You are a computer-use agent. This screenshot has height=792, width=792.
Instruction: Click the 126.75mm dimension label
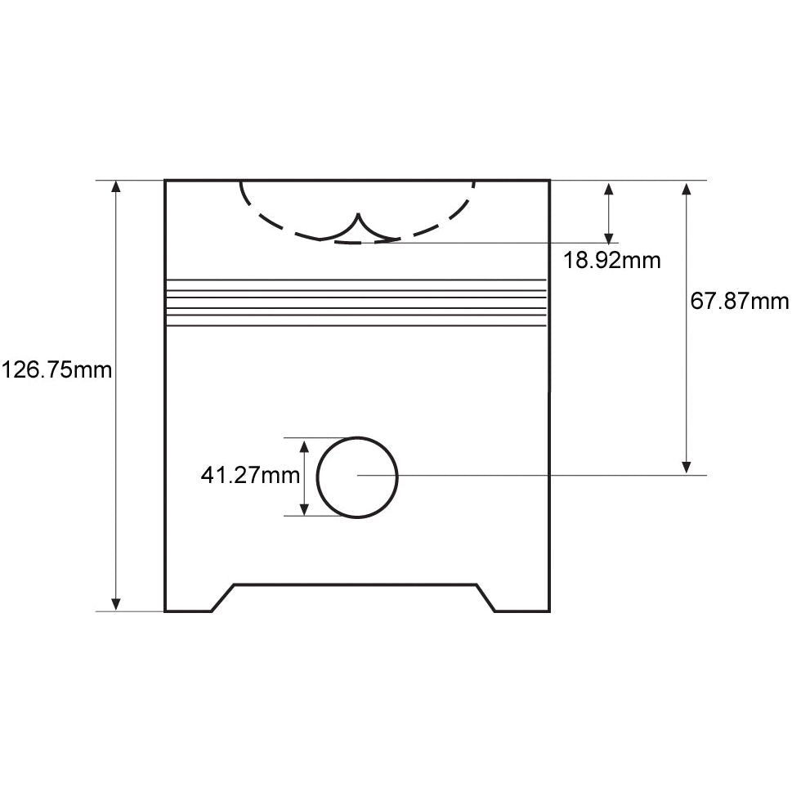tap(56, 370)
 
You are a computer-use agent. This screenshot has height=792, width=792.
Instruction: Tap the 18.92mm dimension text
tap(611, 261)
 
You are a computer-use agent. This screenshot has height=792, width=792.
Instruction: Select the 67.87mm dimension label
tap(740, 302)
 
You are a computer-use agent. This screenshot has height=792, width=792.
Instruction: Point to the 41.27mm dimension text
tap(250, 476)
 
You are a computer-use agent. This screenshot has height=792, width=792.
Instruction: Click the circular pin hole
tap(357, 437)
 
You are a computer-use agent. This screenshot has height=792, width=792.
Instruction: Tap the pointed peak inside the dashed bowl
tap(358, 214)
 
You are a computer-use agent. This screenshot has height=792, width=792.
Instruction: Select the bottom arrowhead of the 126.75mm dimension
tap(116, 604)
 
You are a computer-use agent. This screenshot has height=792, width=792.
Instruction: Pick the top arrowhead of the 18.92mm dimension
tap(609, 188)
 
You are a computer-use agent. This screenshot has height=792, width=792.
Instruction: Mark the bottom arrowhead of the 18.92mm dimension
tap(609, 236)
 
